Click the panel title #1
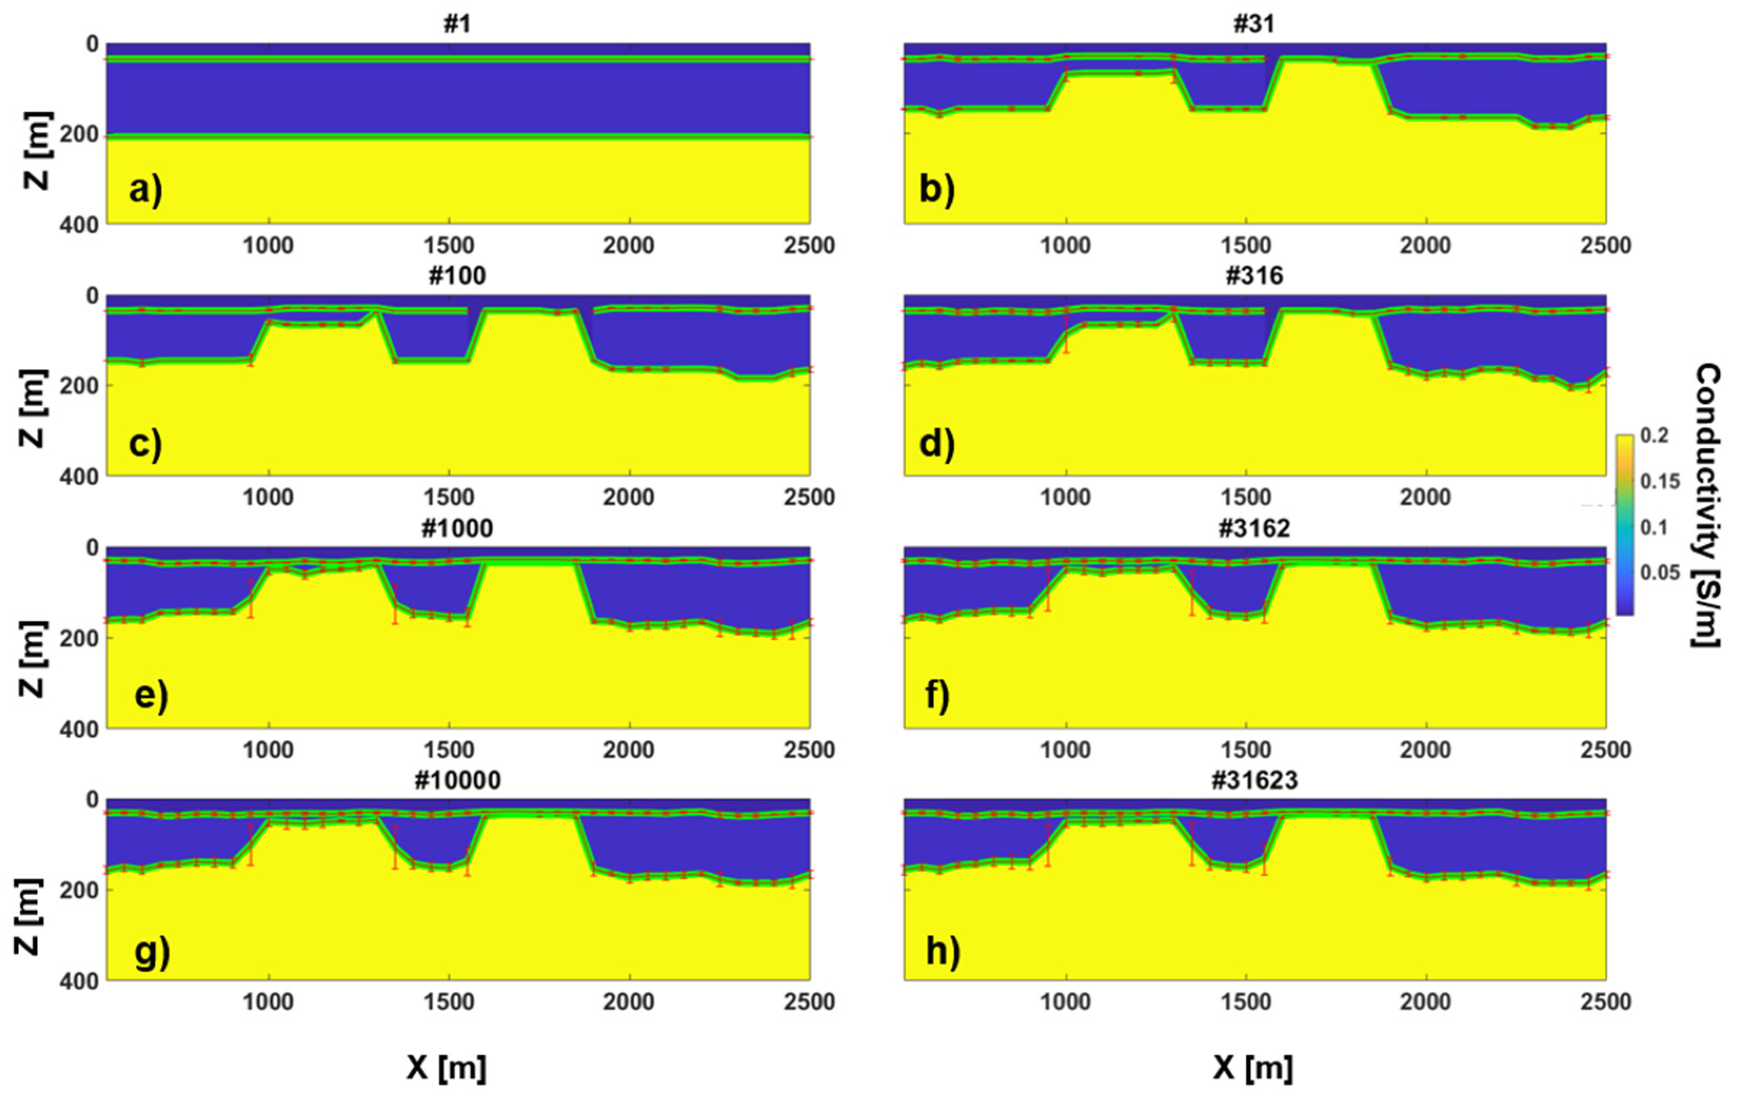coord(457,24)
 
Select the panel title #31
coord(1254,24)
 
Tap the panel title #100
coord(457,276)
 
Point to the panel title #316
coord(1254,276)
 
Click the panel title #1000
coord(457,528)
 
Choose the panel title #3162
coord(1254,528)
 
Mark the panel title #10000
coord(457,780)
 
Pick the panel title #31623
coord(1254,780)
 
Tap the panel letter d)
coord(936,443)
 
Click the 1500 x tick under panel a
coord(449,246)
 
